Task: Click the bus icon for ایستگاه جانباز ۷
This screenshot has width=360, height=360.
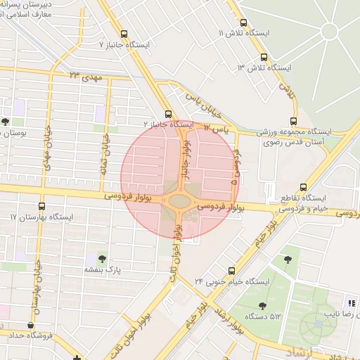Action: click(x=124, y=34)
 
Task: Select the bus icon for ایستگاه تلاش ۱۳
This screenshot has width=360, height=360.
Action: click(x=264, y=58)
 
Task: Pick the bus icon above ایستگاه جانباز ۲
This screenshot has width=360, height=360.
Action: click(x=168, y=114)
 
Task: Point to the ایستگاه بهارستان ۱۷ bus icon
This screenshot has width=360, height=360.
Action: click(x=42, y=207)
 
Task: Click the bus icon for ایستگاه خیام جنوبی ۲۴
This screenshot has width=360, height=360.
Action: click(x=232, y=271)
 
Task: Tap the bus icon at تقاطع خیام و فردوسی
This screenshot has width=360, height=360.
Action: click(x=303, y=188)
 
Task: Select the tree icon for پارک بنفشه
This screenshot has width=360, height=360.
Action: click(x=103, y=259)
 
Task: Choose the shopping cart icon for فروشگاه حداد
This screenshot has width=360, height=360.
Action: click(x=30, y=325)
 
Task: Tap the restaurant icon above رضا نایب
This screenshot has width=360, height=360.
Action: click(x=351, y=303)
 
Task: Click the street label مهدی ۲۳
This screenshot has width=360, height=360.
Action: click(x=83, y=75)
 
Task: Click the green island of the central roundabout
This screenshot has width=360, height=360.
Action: click(x=179, y=202)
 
